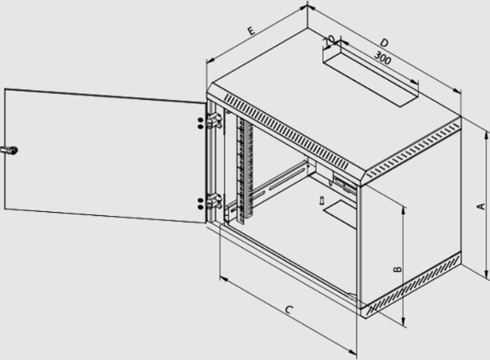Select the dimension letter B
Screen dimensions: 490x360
[x=397, y=269]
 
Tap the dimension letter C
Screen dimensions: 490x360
[x=289, y=310]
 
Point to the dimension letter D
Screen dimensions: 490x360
[x=384, y=43]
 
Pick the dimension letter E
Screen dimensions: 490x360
[x=251, y=30]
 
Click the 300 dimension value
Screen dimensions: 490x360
[x=382, y=58]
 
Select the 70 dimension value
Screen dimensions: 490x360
[x=329, y=40]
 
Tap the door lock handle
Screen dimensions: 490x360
[x=9, y=150]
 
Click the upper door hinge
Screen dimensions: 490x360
[x=214, y=121]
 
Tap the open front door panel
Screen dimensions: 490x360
[x=106, y=155]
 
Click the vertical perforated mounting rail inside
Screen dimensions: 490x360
[x=245, y=170]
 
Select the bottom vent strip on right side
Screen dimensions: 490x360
[x=412, y=285]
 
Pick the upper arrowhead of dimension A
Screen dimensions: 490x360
[x=486, y=135]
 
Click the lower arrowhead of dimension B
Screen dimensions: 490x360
[x=404, y=322]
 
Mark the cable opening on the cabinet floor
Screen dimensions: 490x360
[x=340, y=214]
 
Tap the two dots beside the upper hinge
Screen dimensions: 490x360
[x=201, y=123]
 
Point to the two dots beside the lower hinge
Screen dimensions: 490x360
[x=201, y=204]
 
